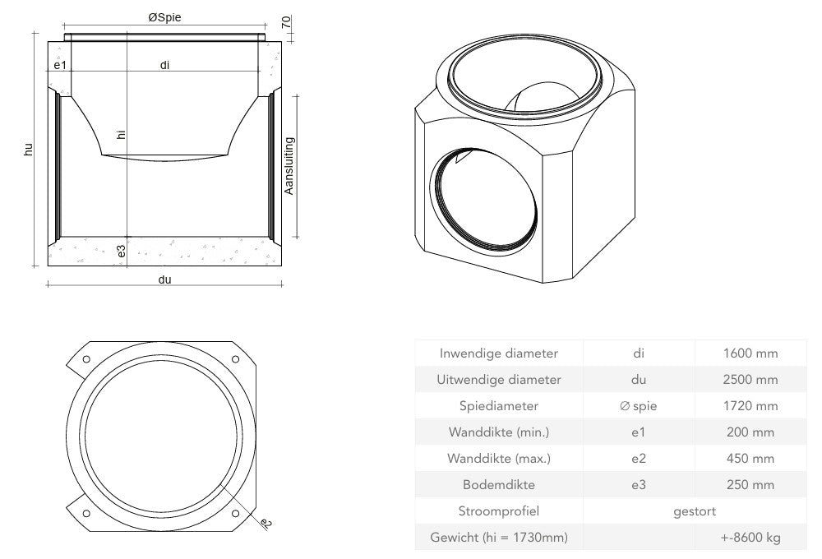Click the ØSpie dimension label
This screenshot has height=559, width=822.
(164, 17)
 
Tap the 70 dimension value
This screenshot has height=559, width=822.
(286, 22)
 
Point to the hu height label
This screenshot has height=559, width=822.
(28, 149)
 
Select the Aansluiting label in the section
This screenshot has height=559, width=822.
(289, 166)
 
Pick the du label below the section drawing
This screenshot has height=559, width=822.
(164, 279)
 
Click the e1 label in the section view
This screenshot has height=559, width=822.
(60, 65)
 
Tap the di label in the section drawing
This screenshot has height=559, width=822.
(164, 65)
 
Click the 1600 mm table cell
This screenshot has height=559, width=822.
(750, 353)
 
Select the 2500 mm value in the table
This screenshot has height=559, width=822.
(750, 380)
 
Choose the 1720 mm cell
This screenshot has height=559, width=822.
(750, 406)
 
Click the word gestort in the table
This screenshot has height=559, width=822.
(695, 511)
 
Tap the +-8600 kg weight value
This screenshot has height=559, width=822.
(750, 538)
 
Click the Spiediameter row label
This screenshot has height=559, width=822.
(500, 406)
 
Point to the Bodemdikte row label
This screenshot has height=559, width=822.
(500, 485)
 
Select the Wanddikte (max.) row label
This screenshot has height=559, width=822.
(500, 459)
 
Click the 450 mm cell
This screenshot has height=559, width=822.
(750, 459)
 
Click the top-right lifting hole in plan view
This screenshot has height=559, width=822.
(236, 360)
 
